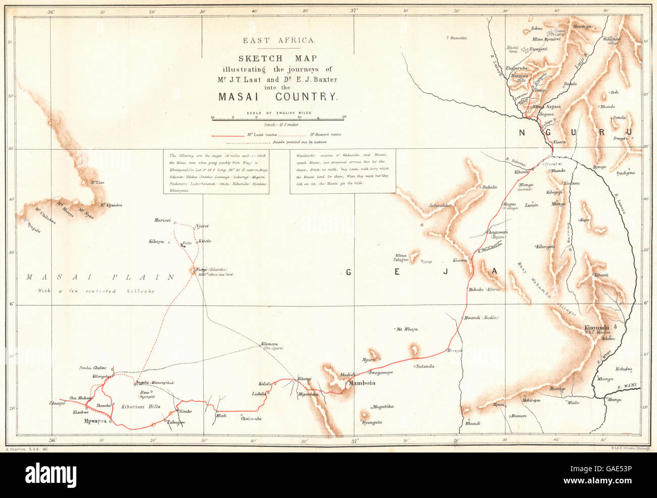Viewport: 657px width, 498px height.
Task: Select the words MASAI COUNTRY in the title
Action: (277, 97)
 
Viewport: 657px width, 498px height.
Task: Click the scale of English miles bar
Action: (278, 118)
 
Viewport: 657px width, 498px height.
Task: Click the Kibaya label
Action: (156, 242)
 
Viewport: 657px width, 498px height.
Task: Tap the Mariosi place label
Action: (162, 221)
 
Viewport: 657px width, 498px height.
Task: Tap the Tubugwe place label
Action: (175, 423)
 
